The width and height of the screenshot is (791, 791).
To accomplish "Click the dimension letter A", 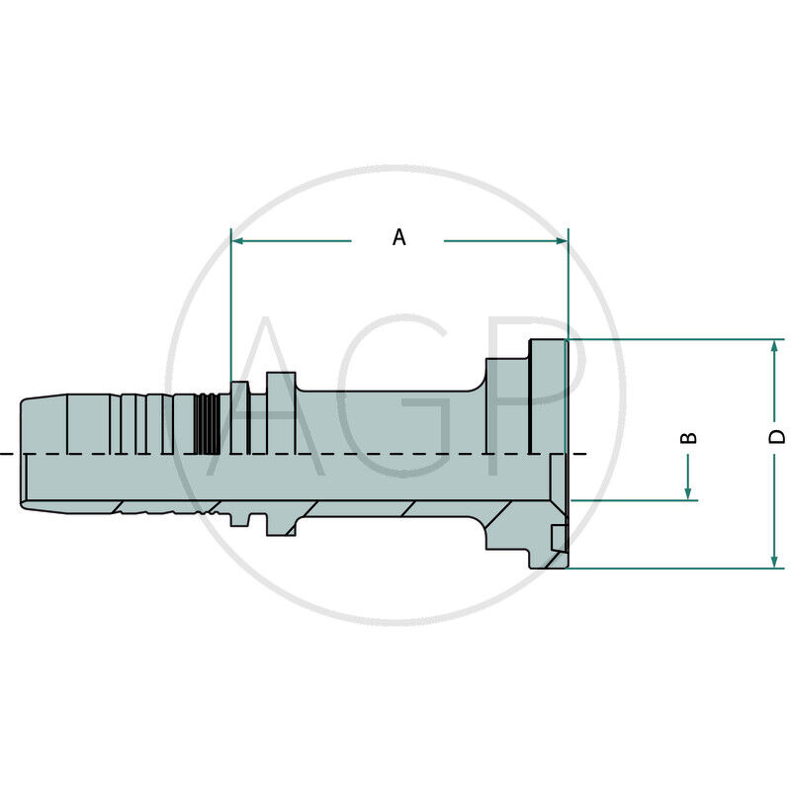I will click(398, 237).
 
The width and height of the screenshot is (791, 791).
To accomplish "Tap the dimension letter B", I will click(690, 436).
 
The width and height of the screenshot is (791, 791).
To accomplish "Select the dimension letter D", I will click(777, 436).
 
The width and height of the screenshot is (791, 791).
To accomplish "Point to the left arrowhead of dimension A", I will click(238, 240).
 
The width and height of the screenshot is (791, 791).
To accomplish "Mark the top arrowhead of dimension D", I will click(774, 347).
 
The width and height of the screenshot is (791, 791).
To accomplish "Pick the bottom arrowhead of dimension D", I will click(774, 561).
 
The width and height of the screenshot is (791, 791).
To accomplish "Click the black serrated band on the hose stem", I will click(206, 423).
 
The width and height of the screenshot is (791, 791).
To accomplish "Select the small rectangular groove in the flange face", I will click(559, 539).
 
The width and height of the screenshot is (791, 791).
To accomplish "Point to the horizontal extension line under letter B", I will click(633, 500).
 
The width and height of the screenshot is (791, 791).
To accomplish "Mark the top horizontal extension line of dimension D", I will click(672, 339).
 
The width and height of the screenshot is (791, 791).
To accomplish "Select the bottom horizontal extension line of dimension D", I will click(672, 569).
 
